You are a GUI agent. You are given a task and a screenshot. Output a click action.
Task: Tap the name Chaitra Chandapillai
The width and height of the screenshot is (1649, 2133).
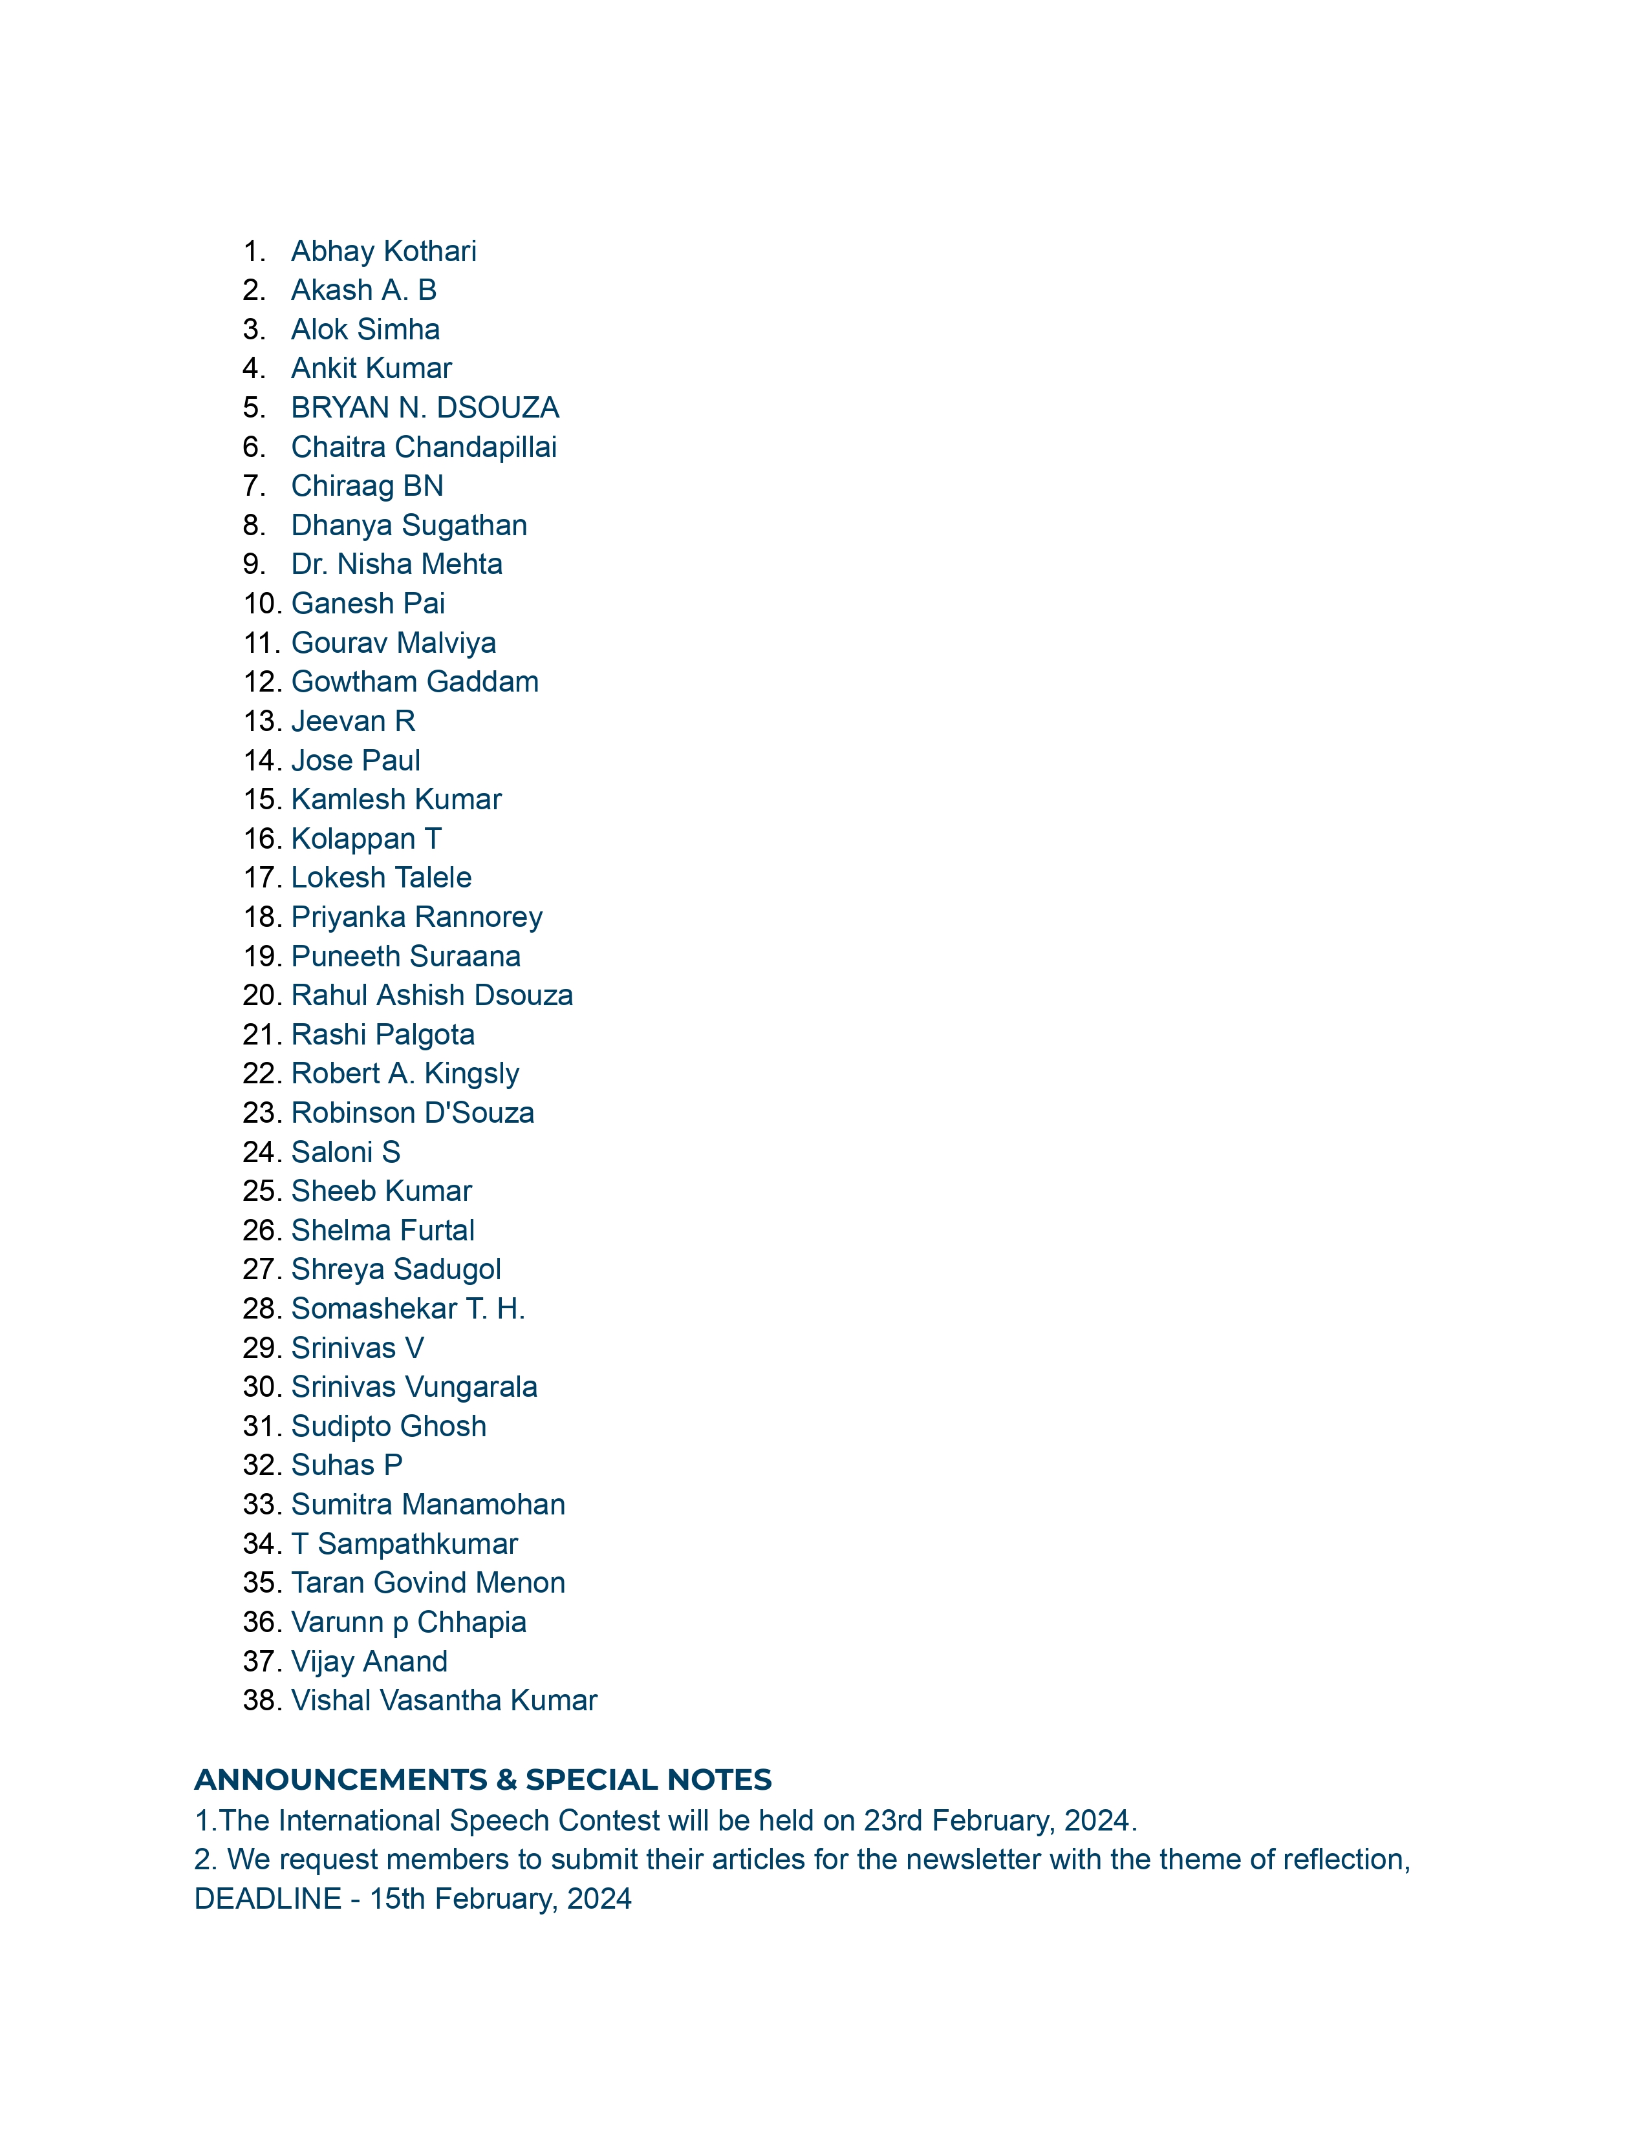click(x=424, y=447)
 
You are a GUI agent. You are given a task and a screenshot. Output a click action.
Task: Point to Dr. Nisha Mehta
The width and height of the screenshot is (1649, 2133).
click(x=396, y=564)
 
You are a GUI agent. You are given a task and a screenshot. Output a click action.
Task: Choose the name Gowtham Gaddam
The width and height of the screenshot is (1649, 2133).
click(x=415, y=682)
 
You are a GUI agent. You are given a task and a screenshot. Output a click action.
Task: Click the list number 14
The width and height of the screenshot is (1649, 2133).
click(x=262, y=760)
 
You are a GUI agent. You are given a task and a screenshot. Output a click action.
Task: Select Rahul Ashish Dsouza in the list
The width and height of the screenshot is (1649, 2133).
click(x=432, y=995)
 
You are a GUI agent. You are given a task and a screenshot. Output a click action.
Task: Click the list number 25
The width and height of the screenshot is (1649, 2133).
click(x=262, y=1191)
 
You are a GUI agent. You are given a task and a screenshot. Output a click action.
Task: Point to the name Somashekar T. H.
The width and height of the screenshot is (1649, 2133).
click(x=408, y=1309)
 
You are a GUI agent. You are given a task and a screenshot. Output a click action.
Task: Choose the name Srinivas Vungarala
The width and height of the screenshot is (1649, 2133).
click(x=415, y=1387)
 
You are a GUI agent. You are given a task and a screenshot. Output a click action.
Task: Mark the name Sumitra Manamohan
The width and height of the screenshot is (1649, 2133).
click(x=428, y=1504)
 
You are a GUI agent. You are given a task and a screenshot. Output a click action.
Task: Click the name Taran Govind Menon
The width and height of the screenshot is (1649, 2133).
click(x=428, y=1582)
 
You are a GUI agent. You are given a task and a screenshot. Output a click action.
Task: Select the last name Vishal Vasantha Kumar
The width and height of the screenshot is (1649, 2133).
click(x=444, y=1701)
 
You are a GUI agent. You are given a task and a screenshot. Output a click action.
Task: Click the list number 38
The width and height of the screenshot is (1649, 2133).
click(x=262, y=1701)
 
